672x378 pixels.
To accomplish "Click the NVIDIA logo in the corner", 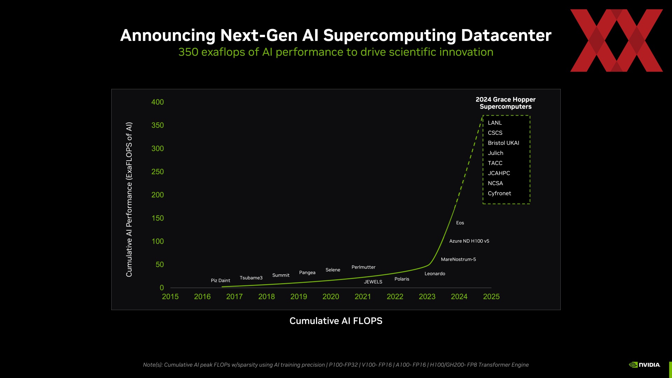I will tap(645, 365).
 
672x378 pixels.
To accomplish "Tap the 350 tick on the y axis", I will tap(157, 125).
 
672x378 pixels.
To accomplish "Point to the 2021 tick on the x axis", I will tap(363, 297).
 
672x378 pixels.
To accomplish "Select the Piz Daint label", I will tap(220, 281).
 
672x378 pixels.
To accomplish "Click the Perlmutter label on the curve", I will tap(363, 267).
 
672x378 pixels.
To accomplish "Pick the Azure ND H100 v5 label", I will tap(469, 241).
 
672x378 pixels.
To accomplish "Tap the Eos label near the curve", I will tap(460, 223).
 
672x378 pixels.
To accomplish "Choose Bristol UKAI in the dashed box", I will tap(503, 143).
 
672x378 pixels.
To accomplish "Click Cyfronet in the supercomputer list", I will tap(499, 194).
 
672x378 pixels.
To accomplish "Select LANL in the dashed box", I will tap(495, 123).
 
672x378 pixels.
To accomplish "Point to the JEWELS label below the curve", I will tap(373, 282).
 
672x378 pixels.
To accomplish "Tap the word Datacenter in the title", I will tap(506, 35).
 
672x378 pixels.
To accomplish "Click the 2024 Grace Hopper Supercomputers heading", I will tap(505, 103).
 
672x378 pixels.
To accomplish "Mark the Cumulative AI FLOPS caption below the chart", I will tap(336, 321).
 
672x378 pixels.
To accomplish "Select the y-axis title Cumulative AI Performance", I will tap(129, 199).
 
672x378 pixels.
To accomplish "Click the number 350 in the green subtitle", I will tap(188, 52).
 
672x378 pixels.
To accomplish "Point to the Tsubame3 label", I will tap(251, 278).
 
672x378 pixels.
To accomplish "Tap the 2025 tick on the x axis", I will tap(491, 297).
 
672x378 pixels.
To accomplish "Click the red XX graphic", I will tap(616, 41).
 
